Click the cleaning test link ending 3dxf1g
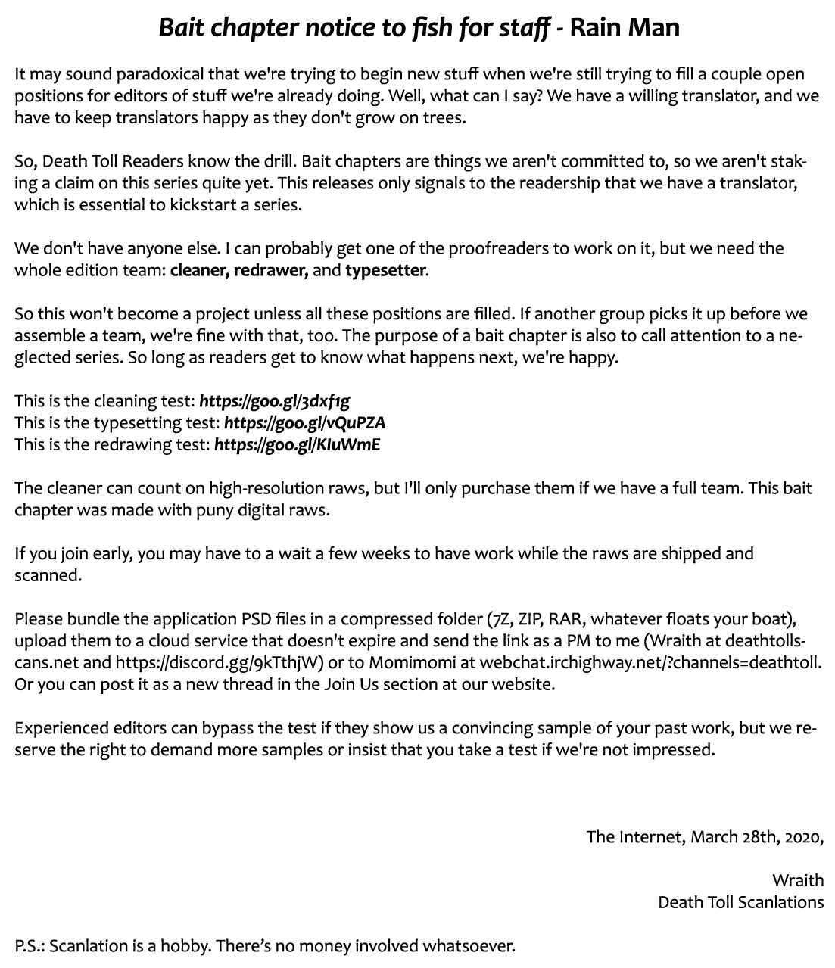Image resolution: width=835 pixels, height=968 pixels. coord(274,400)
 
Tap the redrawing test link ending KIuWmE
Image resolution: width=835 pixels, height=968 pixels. coord(297,444)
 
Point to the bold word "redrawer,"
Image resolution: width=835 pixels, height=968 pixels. coord(270,270)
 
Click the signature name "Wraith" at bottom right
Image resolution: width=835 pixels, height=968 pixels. coord(798,880)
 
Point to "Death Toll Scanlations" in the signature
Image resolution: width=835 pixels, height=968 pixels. coord(740,902)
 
